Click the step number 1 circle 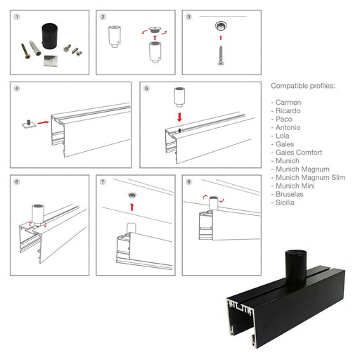coord(17,17)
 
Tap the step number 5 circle coord(146,89)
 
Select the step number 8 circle coord(188,181)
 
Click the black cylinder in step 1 coord(50,36)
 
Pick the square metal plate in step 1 coord(51,60)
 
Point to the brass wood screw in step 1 coord(25,51)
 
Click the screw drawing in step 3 coord(221,56)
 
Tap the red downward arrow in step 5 coord(179,117)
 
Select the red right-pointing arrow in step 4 coord(44,122)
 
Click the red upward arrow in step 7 coord(132,207)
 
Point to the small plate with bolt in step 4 coord(30,124)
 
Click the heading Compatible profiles coord(303,86)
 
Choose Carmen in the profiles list coord(286,103)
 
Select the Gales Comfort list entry coord(297,153)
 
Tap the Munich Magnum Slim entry coord(308,178)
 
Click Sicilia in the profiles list coord(283,202)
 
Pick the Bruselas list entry coord(287,194)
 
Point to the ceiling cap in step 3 coord(221,26)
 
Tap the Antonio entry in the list coord(285,127)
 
